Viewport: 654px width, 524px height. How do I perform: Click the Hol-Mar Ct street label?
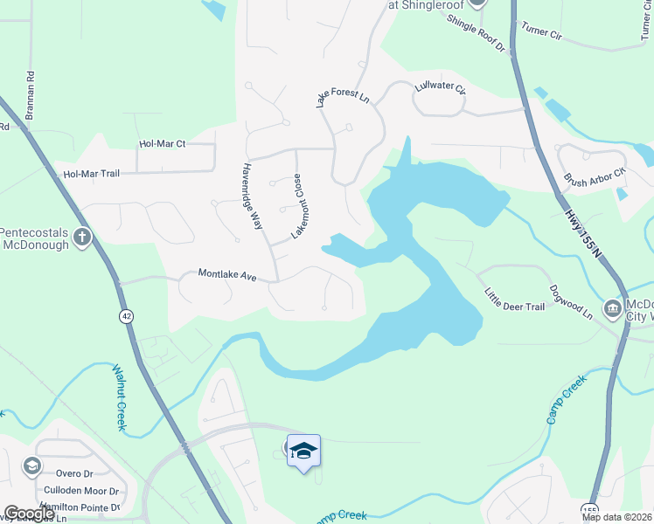[163, 144]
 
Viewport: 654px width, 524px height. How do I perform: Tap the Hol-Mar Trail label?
[91, 174]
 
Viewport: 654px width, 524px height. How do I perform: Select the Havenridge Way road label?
[253, 196]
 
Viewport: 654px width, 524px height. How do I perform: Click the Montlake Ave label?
[226, 274]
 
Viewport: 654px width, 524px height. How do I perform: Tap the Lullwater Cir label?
[442, 89]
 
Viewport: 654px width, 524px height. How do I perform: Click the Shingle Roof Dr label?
[477, 34]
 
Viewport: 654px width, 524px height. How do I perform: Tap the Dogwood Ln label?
[571, 300]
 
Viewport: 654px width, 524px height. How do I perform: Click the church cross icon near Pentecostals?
[81, 237]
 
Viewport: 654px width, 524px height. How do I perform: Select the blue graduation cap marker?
[303, 451]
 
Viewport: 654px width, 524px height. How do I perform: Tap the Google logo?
[29, 514]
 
